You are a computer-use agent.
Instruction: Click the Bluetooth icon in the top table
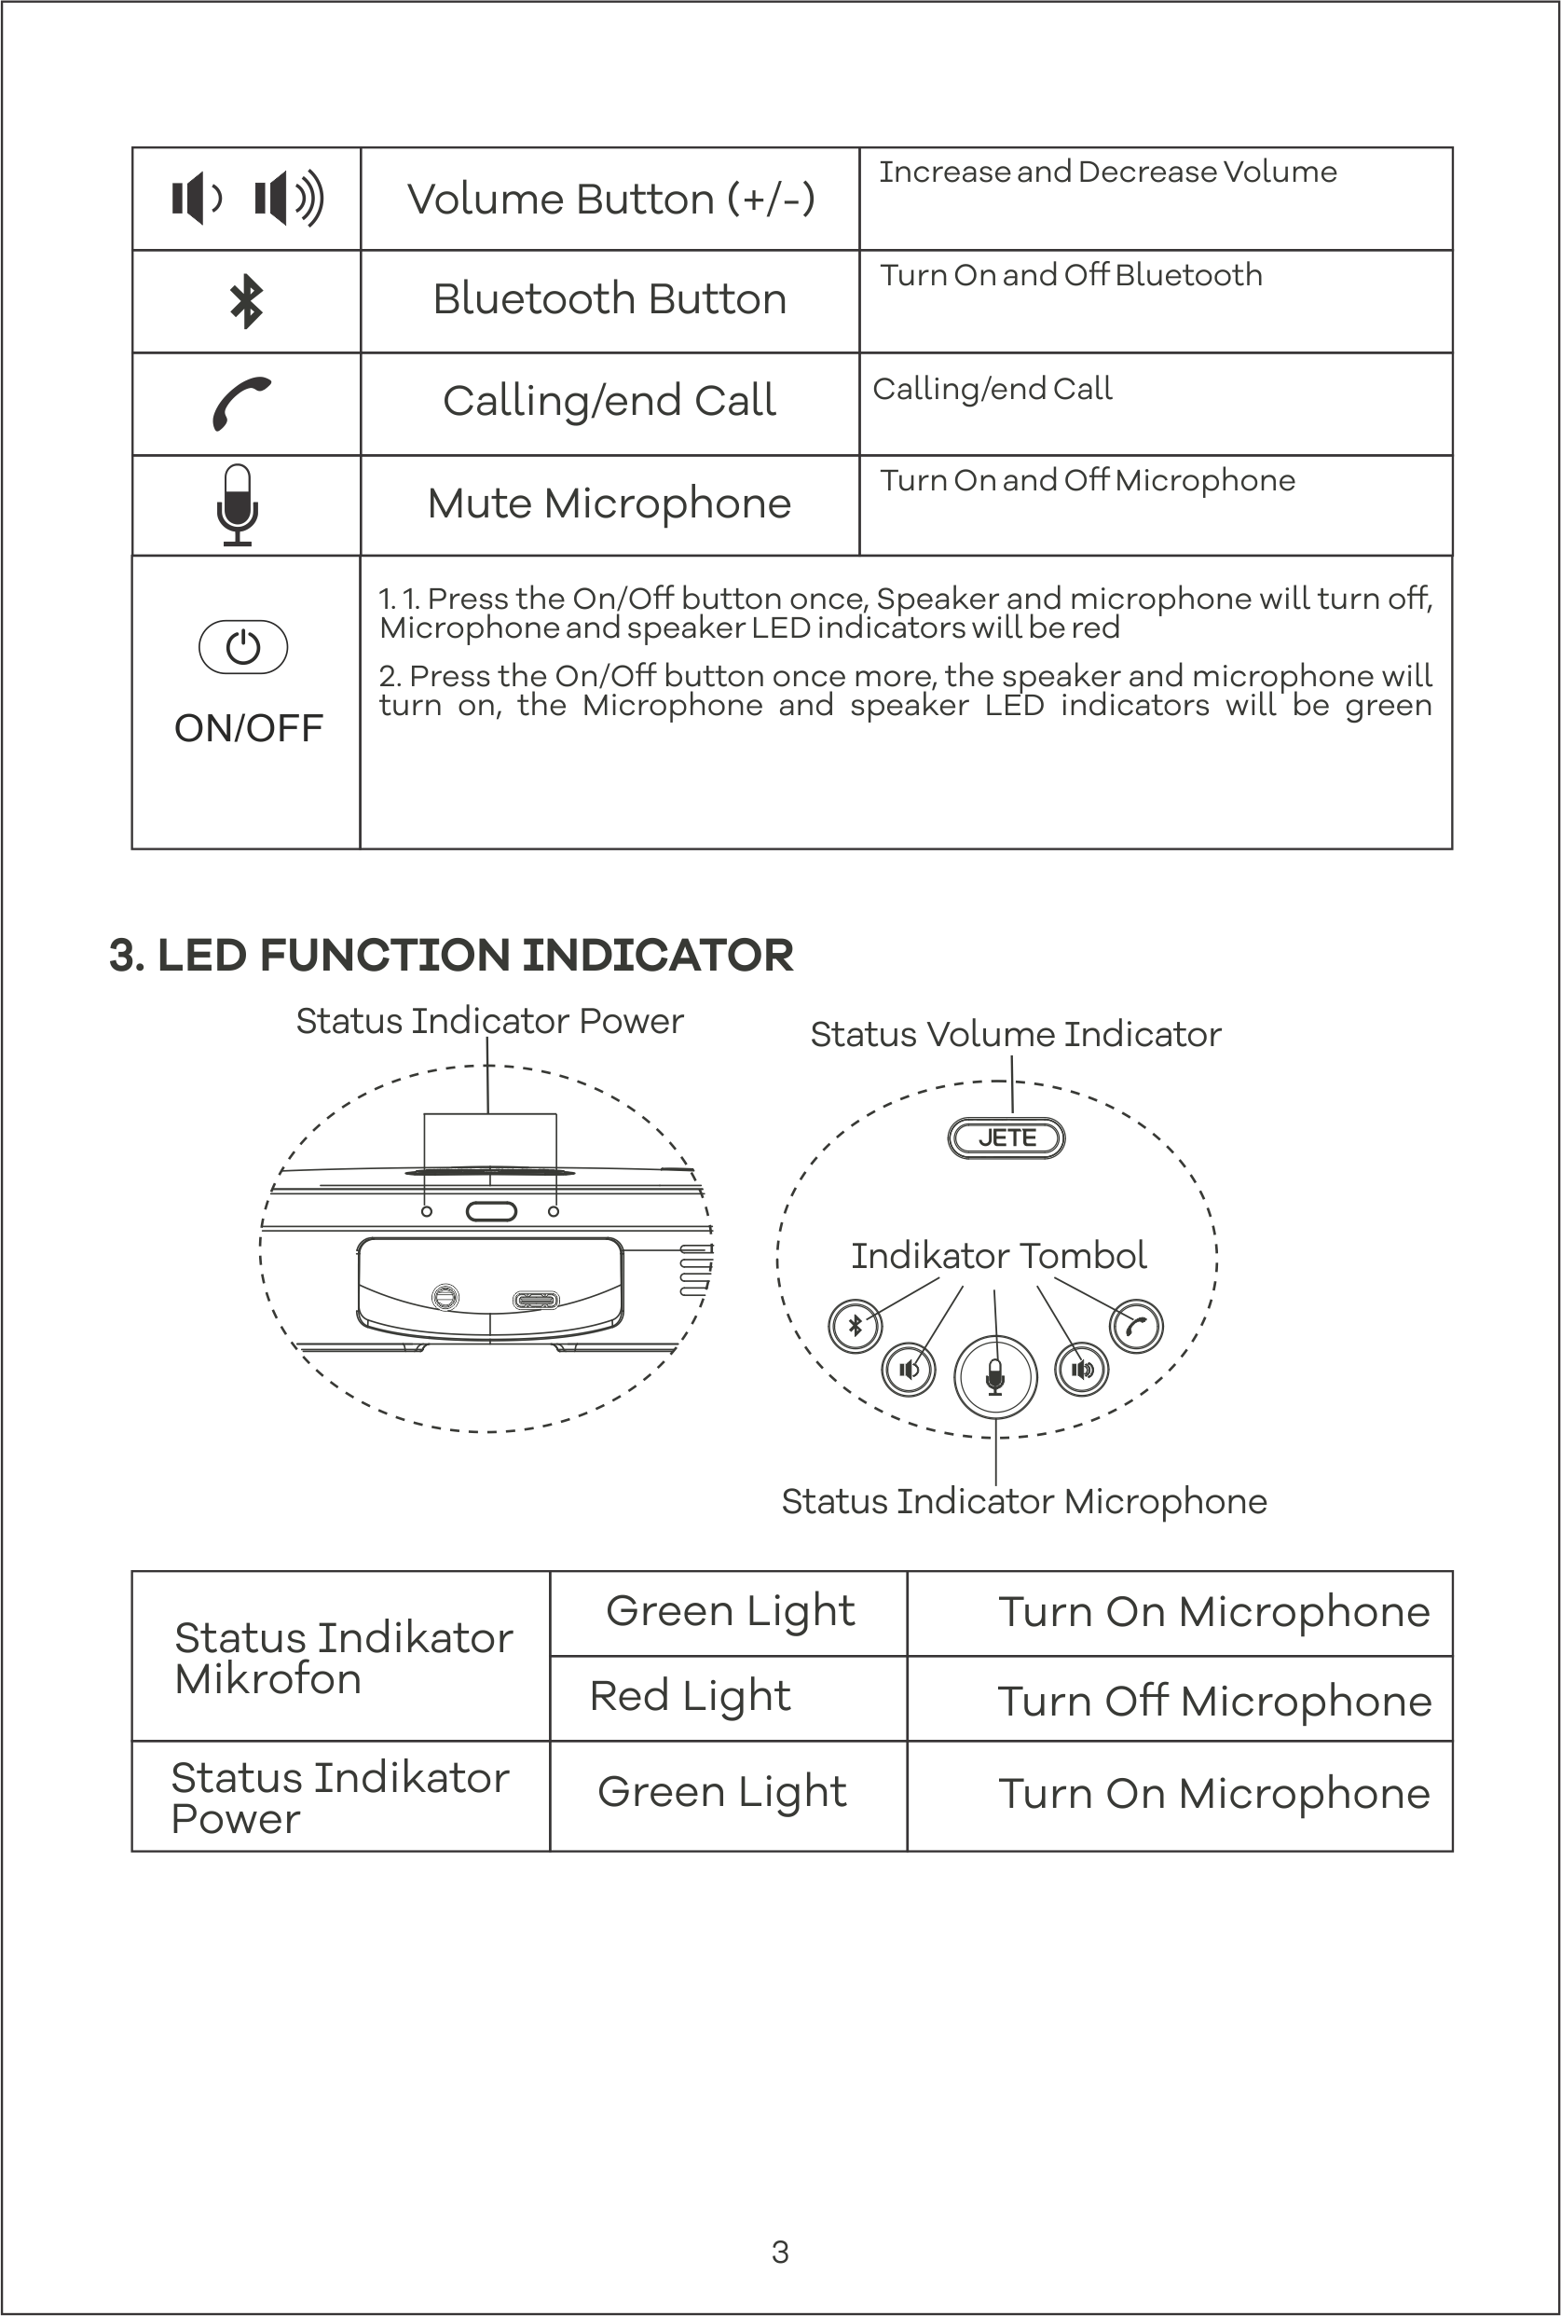(x=246, y=302)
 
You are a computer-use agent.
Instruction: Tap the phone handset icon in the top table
(x=242, y=404)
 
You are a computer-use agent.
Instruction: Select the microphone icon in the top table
(x=238, y=504)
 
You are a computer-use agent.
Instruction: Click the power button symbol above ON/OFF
(x=244, y=647)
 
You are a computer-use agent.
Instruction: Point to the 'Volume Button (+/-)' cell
(x=610, y=200)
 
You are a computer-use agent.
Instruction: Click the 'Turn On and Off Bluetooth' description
(x=1070, y=275)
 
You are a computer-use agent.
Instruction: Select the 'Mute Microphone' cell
(x=609, y=503)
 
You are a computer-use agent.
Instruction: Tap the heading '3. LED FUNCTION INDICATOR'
(x=451, y=955)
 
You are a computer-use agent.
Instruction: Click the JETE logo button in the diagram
(x=1006, y=1137)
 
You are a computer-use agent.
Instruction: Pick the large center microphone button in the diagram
(x=995, y=1377)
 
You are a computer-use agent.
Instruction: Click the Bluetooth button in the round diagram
(x=856, y=1326)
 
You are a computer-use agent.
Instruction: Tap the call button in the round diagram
(x=1136, y=1326)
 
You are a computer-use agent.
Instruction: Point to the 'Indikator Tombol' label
(x=998, y=1256)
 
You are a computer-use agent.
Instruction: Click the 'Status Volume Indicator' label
(x=1016, y=1035)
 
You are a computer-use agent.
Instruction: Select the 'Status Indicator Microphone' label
(x=1023, y=1500)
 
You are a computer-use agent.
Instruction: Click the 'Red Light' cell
(x=690, y=1696)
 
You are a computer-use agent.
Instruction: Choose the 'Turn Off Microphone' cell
(x=1213, y=1701)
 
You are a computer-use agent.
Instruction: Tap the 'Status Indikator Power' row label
(x=339, y=1798)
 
